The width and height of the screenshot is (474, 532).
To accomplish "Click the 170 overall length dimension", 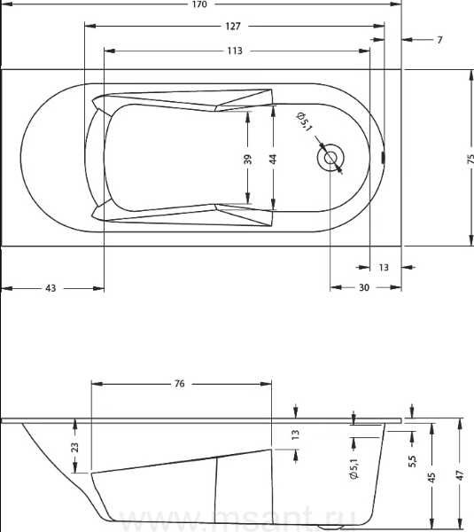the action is [x=199, y=4].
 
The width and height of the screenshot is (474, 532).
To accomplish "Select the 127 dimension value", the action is [x=233, y=26].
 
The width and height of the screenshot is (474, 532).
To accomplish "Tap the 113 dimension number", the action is [x=235, y=51].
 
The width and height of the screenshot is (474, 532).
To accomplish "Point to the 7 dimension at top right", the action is [x=439, y=40].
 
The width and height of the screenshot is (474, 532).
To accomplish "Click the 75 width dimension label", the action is [x=470, y=159].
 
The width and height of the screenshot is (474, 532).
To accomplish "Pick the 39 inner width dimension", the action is [x=248, y=159].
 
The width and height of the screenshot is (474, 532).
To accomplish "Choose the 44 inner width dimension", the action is [x=273, y=159].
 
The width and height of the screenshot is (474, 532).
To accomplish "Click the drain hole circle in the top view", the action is [x=330, y=158].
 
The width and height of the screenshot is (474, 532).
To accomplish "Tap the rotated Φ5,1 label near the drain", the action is [x=304, y=121].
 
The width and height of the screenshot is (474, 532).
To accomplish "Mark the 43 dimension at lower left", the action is [x=51, y=288].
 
